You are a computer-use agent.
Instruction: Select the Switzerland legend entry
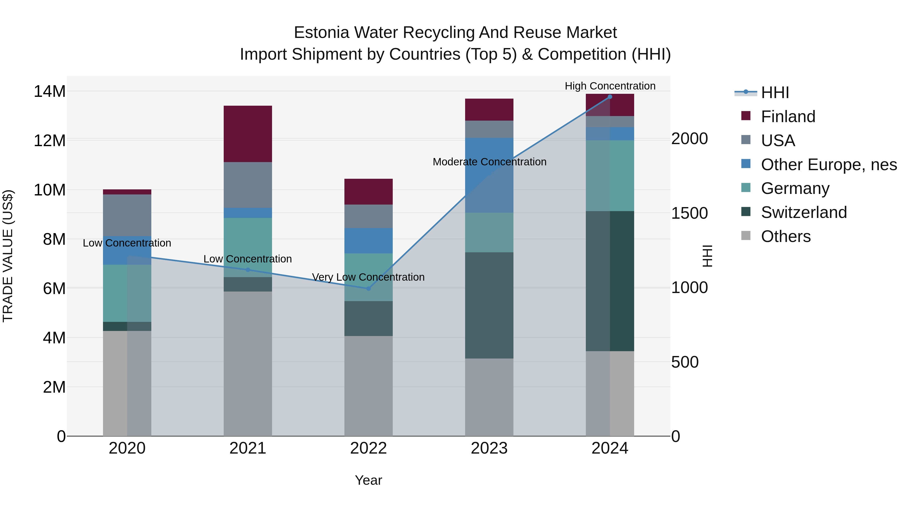pyautogui.click(x=803, y=212)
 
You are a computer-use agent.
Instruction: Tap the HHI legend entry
pyautogui.click(x=775, y=93)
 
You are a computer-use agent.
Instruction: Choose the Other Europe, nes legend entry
pyautogui.click(x=829, y=165)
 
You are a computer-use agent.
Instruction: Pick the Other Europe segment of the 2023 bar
pyautogui.click(x=489, y=175)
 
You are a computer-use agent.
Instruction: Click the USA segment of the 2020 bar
pyautogui.click(x=127, y=215)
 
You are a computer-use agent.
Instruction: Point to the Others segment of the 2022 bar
pyautogui.click(x=368, y=386)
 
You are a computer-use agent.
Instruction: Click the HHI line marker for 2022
pyautogui.click(x=368, y=289)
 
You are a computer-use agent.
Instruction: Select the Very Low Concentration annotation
pyautogui.click(x=368, y=277)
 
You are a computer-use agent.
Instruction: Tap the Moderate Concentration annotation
pyautogui.click(x=489, y=162)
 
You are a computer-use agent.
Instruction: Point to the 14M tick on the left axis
pyautogui.click(x=50, y=92)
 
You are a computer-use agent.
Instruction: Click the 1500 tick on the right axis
pyautogui.click(x=689, y=213)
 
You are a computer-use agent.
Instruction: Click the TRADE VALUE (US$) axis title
pyautogui.click(x=8, y=256)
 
